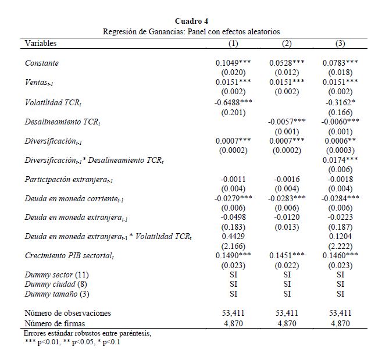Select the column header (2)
(287, 44)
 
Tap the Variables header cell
(41, 44)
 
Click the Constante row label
(42, 63)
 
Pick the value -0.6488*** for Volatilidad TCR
(233, 102)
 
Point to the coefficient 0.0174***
(340, 159)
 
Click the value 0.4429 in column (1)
(233, 237)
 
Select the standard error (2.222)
(340, 247)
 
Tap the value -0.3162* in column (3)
(340, 102)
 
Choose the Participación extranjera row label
(77, 180)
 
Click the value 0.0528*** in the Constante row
(287, 63)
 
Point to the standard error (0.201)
(233, 112)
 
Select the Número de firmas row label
(57, 323)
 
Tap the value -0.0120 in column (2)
(287, 218)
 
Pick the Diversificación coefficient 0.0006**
(340, 141)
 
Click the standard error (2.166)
(233, 247)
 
